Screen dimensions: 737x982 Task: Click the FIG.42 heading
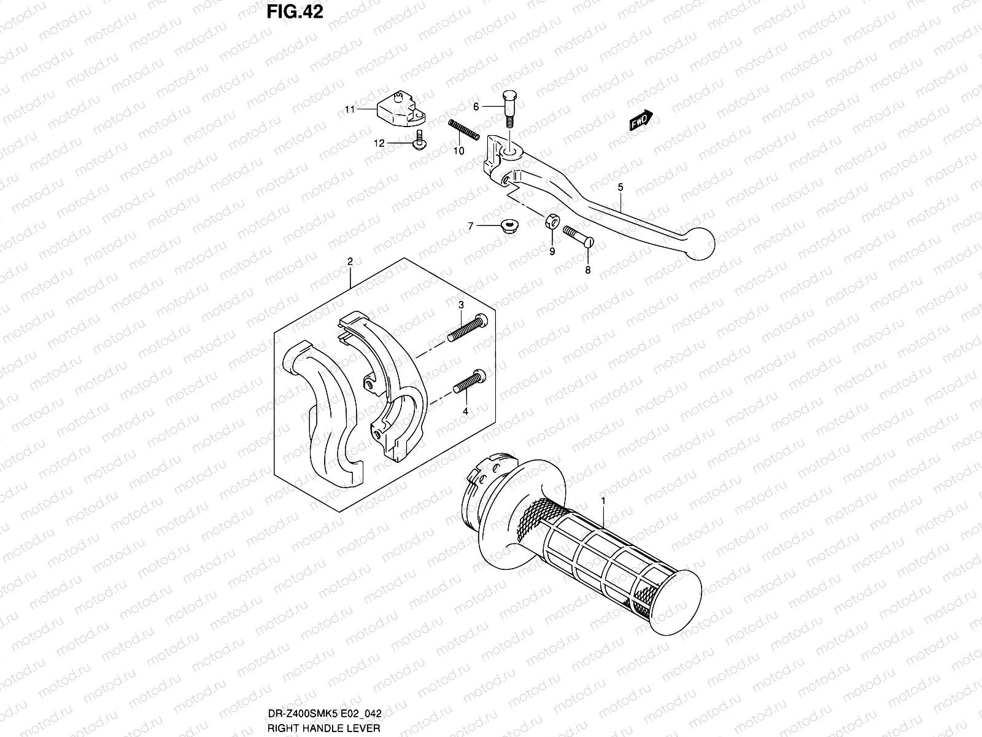(x=294, y=12)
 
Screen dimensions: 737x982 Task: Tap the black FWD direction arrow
(x=641, y=122)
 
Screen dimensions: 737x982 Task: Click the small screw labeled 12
(x=420, y=140)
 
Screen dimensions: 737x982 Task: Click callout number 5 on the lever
(x=621, y=186)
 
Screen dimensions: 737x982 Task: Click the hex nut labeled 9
(x=551, y=220)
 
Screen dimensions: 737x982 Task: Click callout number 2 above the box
(x=350, y=262)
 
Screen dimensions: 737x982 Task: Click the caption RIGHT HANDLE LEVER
(x=324, y=728)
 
